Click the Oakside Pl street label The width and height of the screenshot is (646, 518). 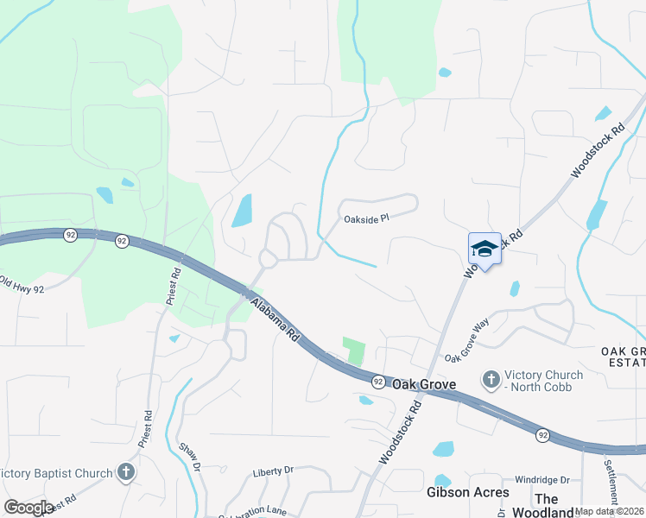tap(367, 218)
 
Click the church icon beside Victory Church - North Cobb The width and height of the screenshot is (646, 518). tap(491, 379)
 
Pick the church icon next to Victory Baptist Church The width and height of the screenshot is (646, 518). tap(126, 472)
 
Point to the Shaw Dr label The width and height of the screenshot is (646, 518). tap(190, 457)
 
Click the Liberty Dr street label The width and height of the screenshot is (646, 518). tap(273, 471)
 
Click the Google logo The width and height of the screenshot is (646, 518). tap(28, 507)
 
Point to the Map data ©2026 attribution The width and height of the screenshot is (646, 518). tap(610, 511)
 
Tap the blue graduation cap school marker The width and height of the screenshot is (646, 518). tap(484, 249)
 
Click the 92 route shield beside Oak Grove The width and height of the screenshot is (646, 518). tap(377, 381)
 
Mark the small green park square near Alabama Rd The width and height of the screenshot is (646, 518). tap(354, 350)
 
